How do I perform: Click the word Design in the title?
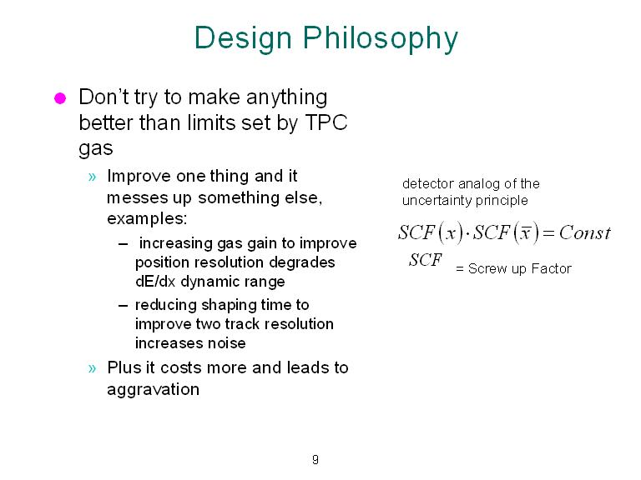(x=243, y=38)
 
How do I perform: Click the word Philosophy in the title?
(x=381, y=40)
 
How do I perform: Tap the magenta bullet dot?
(x=60, y=98)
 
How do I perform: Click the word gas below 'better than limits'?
(x=96, y=148)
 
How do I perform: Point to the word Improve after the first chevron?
(x=138, y=177)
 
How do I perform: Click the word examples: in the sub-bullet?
(x=147, y=219)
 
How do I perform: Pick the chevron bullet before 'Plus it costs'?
(x=93, y=368)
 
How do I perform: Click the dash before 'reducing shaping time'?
(x=123, y=306)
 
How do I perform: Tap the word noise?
(x=226, y=343)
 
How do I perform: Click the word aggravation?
(x=154, y=390)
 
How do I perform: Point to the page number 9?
(x=315, y=460)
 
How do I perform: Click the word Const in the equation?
(x=584, y=233)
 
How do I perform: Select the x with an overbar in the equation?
(x=525, y=233)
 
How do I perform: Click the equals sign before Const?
(x=548, y=233)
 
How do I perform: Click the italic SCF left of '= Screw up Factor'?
(x=426, y=260)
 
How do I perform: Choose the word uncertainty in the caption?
(x=440, y=200)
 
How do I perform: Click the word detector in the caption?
(x=428, y=183)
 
